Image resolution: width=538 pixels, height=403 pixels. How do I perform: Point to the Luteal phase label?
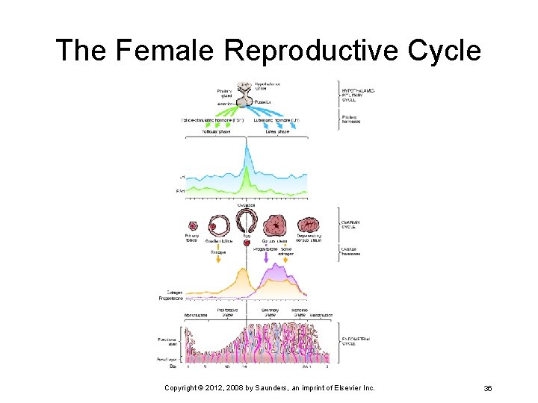pos(277,132)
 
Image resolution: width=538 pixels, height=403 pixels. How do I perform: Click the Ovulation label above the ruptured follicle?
pos(247,204)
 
